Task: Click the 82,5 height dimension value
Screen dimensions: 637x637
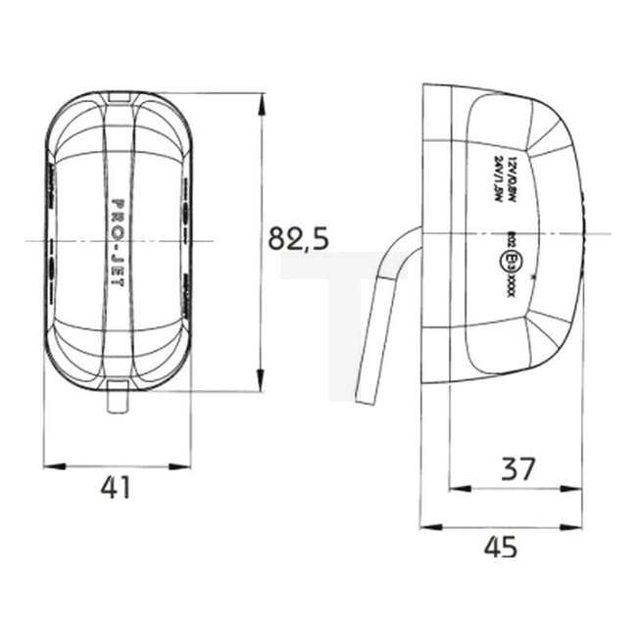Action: click(298, 237)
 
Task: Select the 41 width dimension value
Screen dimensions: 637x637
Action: click(117, 487)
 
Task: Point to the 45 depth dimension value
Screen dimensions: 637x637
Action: click(501, 548)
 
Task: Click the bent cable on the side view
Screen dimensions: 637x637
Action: click(384, 314)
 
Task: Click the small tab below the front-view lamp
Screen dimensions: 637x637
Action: click(118, 400)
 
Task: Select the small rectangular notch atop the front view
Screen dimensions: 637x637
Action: click(118, 94)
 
